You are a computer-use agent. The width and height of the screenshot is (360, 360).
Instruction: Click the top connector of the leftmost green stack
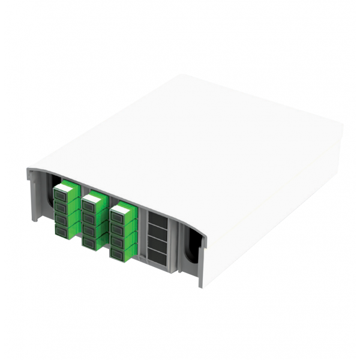tap(63, 194)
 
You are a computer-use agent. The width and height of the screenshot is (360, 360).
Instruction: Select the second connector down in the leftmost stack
tap(63, 205)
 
